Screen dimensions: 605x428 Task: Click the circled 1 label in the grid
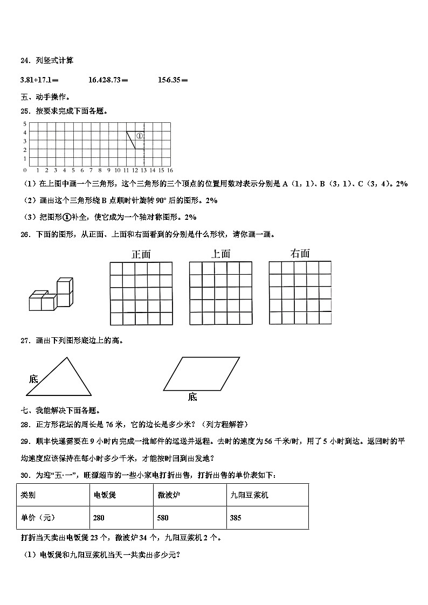(x=139, y=136)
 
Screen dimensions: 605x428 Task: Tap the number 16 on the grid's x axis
(x=170, y=170)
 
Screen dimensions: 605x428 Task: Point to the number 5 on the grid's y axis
(x=25, y=123)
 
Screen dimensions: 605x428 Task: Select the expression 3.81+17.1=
(x=39, y=80)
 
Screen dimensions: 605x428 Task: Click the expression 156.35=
(x=172, y=80)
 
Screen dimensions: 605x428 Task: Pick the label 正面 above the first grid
(x=141, y=254)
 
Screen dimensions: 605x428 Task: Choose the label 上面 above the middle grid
(x=220, y=254)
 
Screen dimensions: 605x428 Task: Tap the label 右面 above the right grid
(x=300, y=253)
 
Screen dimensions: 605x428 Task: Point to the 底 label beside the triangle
(x=33, y=379)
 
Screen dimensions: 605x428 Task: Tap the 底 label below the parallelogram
(x=192, y=397)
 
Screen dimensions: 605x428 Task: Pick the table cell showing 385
(x=266, y=518)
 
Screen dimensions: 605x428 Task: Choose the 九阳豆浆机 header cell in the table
(x=266, y=495)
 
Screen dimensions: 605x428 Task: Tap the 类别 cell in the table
(x=53, y=495)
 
